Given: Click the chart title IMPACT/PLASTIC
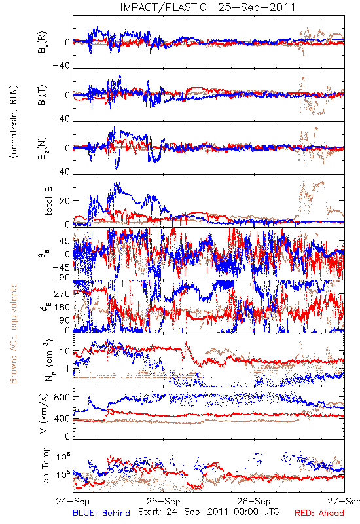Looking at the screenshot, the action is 163,7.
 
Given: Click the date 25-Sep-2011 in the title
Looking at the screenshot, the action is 257,7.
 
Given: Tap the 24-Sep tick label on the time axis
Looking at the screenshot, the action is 73,501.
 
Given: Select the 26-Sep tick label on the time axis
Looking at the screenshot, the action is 254,501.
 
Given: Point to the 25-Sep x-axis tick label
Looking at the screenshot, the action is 163,501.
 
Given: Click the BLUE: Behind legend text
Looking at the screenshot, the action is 101,513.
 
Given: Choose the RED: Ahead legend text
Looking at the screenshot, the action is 319,513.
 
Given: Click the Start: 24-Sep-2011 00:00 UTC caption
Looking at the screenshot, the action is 209,512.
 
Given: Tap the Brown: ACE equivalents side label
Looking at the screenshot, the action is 13,333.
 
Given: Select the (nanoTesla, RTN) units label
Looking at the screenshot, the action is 14,122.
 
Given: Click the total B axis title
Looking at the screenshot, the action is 48,201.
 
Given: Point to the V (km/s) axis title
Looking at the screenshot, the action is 44,413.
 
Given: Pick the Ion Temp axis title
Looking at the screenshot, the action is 45,466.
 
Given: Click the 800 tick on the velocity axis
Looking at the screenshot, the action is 62,397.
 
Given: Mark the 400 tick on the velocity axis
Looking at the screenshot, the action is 62,419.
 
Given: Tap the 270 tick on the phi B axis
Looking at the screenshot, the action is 62,293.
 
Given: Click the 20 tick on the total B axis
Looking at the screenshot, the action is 64,201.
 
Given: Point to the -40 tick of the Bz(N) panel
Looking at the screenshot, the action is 61,172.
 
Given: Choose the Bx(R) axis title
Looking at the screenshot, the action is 43,43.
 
